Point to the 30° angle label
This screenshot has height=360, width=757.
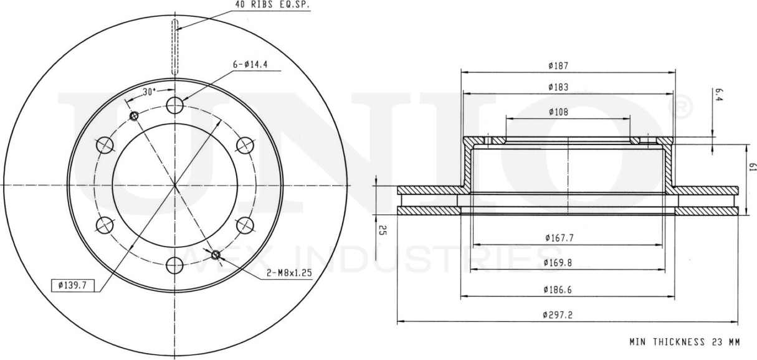coord(148,92)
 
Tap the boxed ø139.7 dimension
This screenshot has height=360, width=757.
coord(72,285)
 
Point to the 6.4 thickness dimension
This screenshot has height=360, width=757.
coord(718,95)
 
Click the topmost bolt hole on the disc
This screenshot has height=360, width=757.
coord(175,105)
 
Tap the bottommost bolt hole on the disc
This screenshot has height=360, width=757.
coord(175,266)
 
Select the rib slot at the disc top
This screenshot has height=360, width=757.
coord(175,47)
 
